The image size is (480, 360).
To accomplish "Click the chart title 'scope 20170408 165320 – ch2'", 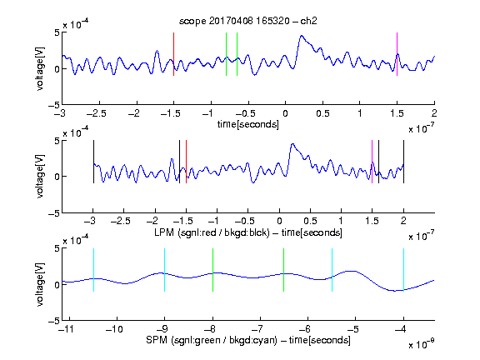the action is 248,21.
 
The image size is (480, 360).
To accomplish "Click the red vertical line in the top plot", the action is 173,54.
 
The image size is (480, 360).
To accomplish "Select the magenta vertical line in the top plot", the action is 397,54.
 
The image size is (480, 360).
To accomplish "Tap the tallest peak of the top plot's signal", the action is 302,36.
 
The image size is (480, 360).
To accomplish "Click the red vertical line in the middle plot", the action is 186,162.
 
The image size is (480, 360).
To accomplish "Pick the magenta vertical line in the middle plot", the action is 372,162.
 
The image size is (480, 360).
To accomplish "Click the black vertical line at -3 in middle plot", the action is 93,162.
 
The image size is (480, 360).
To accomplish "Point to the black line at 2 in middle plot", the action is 403,162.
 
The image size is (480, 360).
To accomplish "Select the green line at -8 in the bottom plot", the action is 212,270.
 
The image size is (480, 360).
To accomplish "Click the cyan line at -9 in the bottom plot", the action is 165,270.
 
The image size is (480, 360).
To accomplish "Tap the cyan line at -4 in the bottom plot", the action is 403,270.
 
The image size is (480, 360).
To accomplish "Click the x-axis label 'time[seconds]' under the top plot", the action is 248,125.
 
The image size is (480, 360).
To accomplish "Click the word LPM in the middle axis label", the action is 164,232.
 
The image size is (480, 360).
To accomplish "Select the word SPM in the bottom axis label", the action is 157,340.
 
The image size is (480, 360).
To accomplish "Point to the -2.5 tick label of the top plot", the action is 97,113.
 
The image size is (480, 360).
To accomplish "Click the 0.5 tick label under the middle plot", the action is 310,221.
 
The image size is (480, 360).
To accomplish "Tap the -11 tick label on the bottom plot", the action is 66,329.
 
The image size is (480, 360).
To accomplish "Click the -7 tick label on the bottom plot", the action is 260,329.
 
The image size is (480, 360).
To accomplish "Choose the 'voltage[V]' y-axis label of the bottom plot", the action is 40,284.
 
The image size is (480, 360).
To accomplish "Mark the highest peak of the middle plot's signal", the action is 293,143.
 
